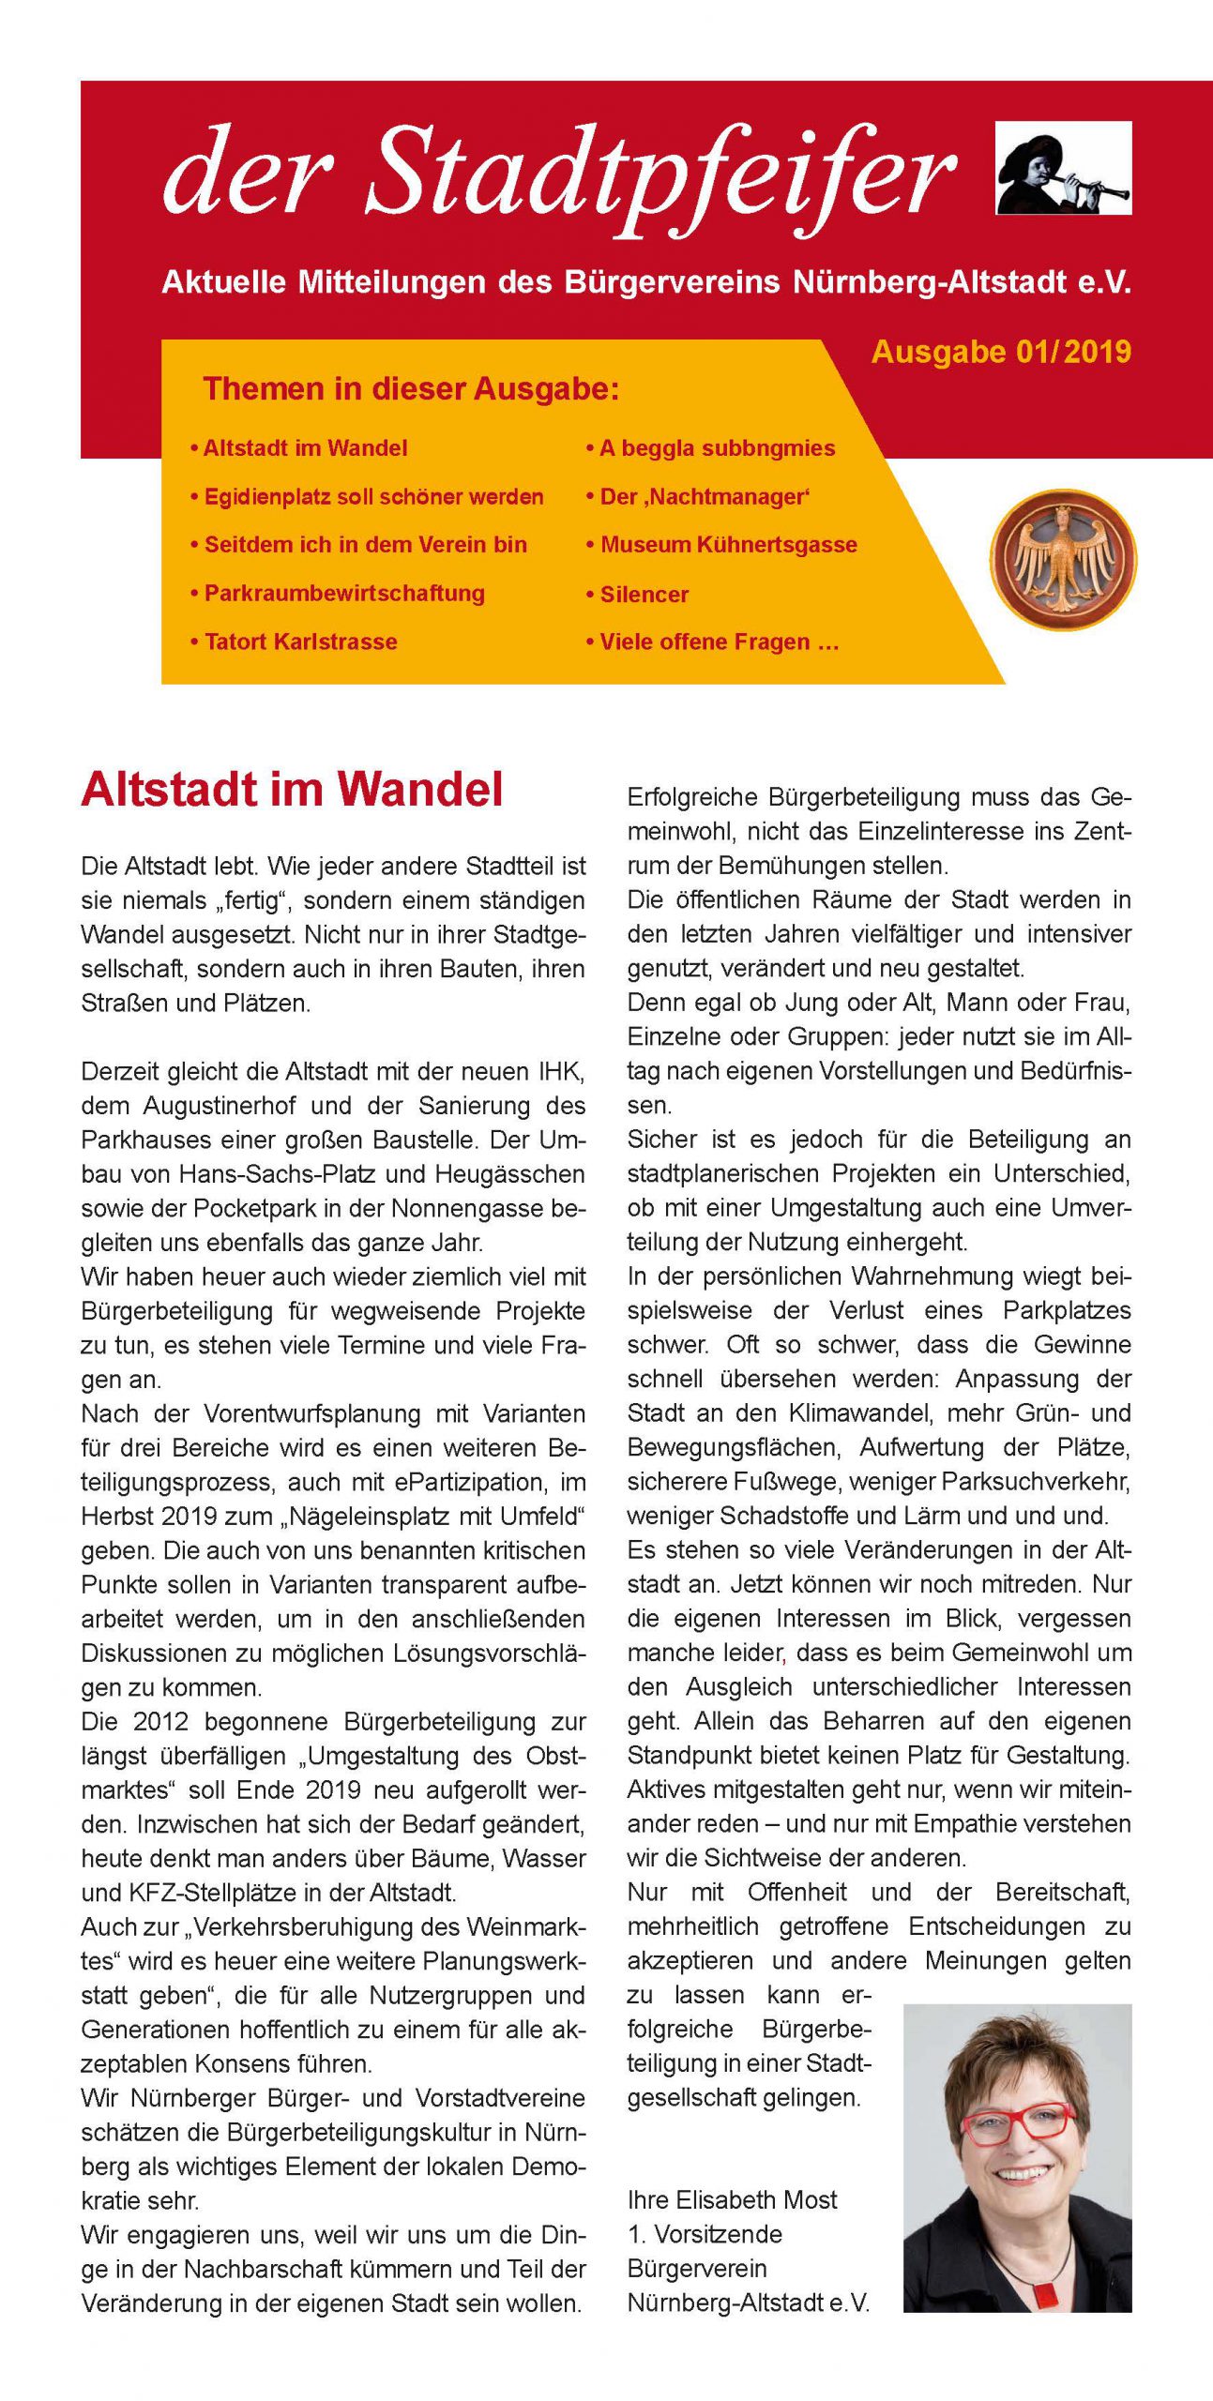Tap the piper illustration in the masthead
click(1063, 168)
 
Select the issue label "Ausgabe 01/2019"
click(1001, 352)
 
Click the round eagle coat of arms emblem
click(1063, 559)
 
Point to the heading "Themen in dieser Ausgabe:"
click(411, 388)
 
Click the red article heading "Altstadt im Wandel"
click(293, 790)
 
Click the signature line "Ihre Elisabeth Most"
click(732, 2200)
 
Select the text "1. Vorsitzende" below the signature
click(705, 2234)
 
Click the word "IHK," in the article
click(560, 1071)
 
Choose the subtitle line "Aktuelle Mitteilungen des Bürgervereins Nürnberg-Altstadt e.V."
click(646, 282)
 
